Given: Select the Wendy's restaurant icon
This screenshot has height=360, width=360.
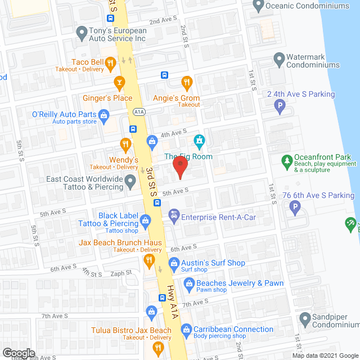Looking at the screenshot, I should pos(125,145).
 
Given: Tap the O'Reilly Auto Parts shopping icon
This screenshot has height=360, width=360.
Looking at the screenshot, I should pos(104,116).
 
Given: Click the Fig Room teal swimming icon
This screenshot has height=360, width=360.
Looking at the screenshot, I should pos(199,139).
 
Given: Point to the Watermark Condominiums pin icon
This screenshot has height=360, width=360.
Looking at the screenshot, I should pos(278,58).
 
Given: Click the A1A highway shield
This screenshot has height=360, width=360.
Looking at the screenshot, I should pos(139,111).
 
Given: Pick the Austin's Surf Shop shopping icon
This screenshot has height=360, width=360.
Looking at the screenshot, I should pos(174,263).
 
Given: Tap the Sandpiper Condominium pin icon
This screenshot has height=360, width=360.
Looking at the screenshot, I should pos(304,320).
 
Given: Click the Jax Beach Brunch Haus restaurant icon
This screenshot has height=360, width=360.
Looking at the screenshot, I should pos(149,259).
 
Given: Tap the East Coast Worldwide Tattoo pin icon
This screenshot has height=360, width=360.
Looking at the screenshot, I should pos(130,181).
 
